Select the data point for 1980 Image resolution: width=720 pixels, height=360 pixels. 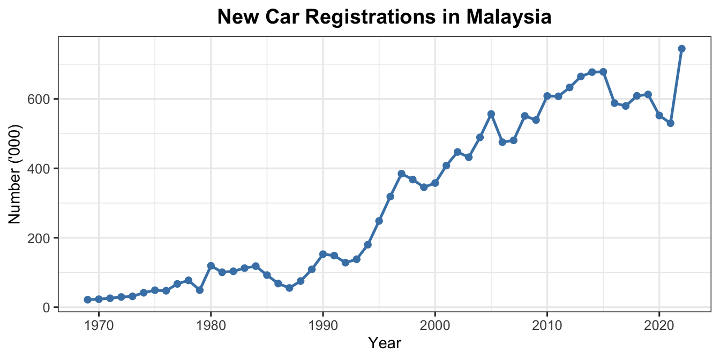(x=211, y=266)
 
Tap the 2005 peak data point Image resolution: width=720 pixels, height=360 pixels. (x=491, y=114)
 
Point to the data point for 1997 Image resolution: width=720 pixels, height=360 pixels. (x=401, y=174)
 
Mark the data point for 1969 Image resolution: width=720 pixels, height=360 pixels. (x=87, y=299)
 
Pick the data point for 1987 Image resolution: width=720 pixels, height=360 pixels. (x=289, y=288)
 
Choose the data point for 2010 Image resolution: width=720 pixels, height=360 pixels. (x=547, y=96)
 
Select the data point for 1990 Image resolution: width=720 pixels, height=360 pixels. (x=323, y=254)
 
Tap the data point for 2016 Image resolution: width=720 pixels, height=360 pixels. (x=614, y=103)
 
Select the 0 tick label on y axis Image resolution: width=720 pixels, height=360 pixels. (x=48, y=307)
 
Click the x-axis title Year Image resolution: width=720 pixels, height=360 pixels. (x=385, y=343)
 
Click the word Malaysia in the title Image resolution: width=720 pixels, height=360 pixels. (x=509, y=18)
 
